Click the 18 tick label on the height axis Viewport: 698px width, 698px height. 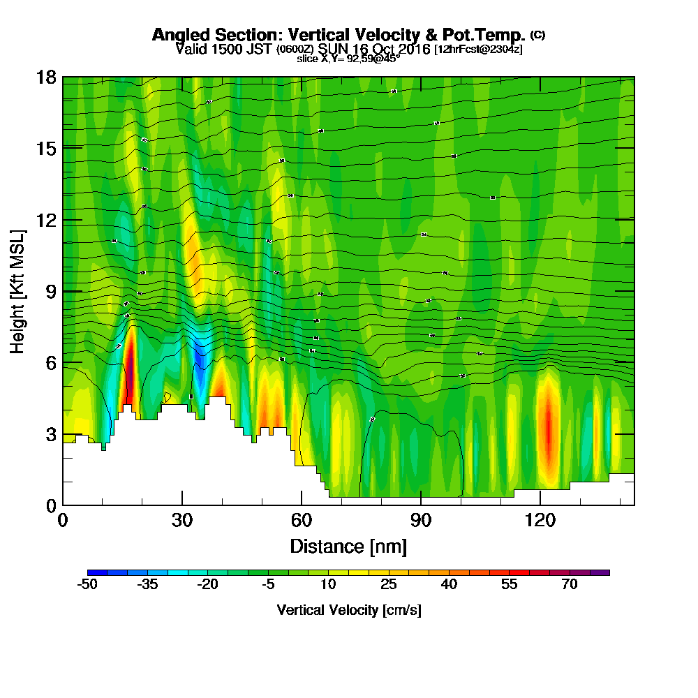[47, 77]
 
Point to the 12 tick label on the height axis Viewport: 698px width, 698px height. [47, 220]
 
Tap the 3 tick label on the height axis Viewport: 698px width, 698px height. [50, 434]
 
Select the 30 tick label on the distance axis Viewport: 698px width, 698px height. [182, 521]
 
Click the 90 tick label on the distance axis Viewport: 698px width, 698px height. [421, 521]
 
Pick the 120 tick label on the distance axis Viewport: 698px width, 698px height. [540, 521]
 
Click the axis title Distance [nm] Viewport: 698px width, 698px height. [348, 546]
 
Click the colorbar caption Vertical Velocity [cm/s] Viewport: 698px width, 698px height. [348, 610]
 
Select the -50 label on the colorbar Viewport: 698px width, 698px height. [87, 585]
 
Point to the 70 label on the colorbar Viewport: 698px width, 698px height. [570, 585]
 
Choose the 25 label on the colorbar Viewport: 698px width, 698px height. [389, 585]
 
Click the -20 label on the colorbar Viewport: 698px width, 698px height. [208, 585]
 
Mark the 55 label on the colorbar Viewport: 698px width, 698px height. [510, 585]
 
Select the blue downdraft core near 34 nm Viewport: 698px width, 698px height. [200, 380]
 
